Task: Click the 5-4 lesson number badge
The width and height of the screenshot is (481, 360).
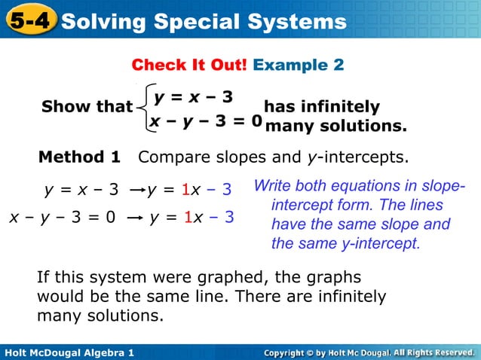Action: pyautogui.click(x=29, y=20)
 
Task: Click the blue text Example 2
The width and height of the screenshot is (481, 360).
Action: pyautogui.click(x=299, y=65)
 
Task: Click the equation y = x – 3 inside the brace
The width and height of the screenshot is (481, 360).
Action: pyautogui.click(x=194, y=97)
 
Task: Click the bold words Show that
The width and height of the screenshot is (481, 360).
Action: pyautogui.click(x=87, y=107)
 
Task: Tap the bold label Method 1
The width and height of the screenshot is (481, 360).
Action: pyautogui.click(x=79, y=157)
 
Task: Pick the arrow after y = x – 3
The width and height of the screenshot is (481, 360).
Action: pyautogui.click(x=136, y=190)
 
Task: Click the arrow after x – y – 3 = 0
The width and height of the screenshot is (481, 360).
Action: pyautogui.click(x=134, y=218)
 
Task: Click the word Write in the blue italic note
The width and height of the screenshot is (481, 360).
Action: pyautogui.click(x=273, y=186)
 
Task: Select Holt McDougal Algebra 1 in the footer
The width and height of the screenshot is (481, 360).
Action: pyautogui.click(x=69, y=352)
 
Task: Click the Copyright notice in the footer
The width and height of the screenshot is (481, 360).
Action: pyautogui.click(x=369, y=352)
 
